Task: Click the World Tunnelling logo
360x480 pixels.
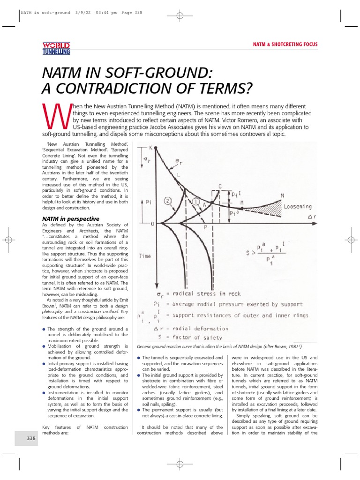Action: coord(56,48)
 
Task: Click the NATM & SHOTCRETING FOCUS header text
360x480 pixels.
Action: coord(285,45)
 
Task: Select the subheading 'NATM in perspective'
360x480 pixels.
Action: coord(70,218)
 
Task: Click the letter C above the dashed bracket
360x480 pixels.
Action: coord(219,186)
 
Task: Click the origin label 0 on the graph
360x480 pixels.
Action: coord(152,224)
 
